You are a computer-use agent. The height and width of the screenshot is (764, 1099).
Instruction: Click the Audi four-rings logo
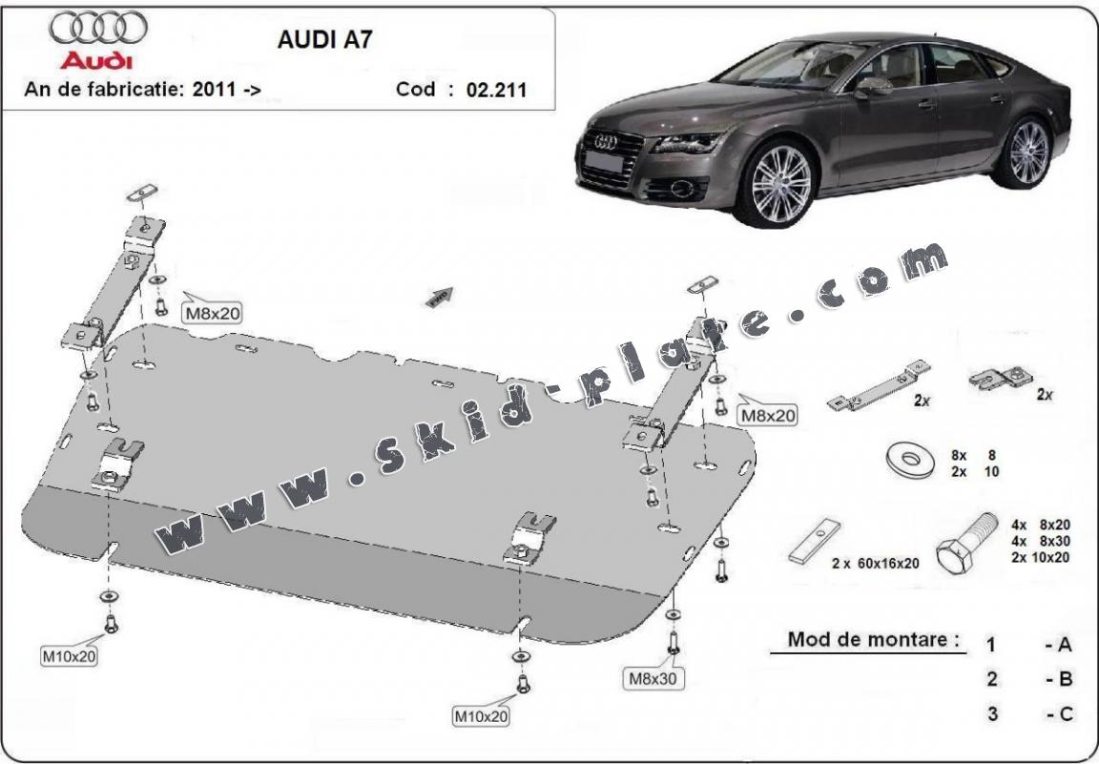(x=98, y=28)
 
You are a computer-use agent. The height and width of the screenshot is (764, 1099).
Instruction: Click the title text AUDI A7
(x=325, y=39)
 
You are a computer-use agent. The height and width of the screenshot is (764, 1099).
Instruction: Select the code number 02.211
(x=496, y=90)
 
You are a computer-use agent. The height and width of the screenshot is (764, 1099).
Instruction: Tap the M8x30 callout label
(x=652, y=678)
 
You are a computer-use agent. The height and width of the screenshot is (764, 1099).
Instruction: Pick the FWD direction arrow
(x=440, y=298)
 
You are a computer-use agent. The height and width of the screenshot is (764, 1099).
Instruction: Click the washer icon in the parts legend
(x=910, y=462)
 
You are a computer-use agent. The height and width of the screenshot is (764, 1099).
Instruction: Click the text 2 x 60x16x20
(x=876, y=563)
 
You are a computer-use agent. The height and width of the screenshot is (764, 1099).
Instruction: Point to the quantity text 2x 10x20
(x=1040, y=558)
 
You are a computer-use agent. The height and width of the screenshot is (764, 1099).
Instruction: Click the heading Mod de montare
(x=873, y=639)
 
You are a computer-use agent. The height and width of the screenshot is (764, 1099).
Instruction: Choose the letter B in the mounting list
(x=1065, y=678)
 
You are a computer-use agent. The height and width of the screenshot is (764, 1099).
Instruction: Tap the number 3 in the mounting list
(x=992, y=714)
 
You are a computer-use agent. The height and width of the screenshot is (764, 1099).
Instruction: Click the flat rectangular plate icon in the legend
(x=815, y=541)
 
